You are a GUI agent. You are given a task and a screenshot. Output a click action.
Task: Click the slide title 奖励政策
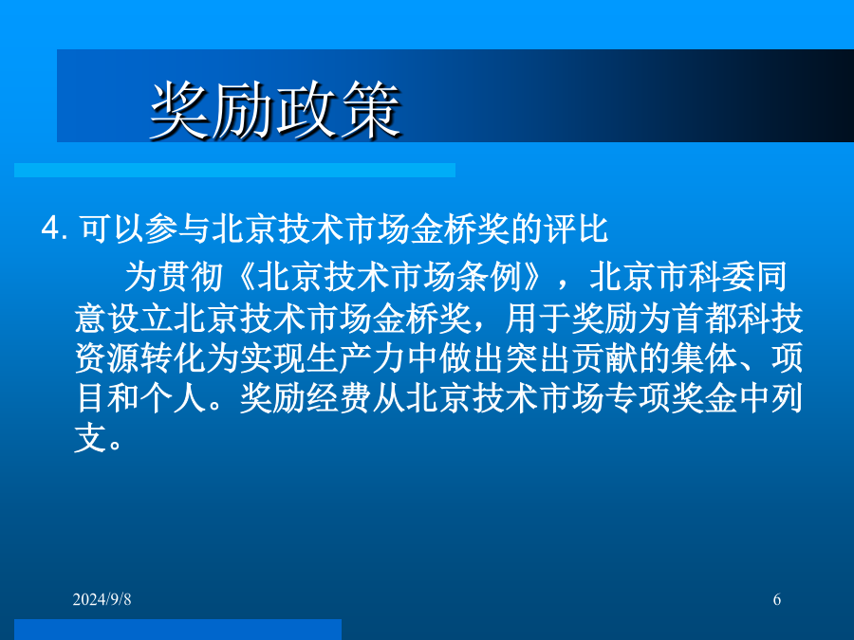point(275,111)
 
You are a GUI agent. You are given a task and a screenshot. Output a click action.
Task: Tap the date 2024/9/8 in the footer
point(102,599)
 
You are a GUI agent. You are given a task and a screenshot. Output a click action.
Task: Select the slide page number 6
point(776,599)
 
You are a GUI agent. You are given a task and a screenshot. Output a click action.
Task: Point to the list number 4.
point(54,228)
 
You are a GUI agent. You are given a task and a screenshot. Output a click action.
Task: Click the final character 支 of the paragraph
point(90,438)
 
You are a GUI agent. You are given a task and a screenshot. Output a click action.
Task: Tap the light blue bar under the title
point(234,171)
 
